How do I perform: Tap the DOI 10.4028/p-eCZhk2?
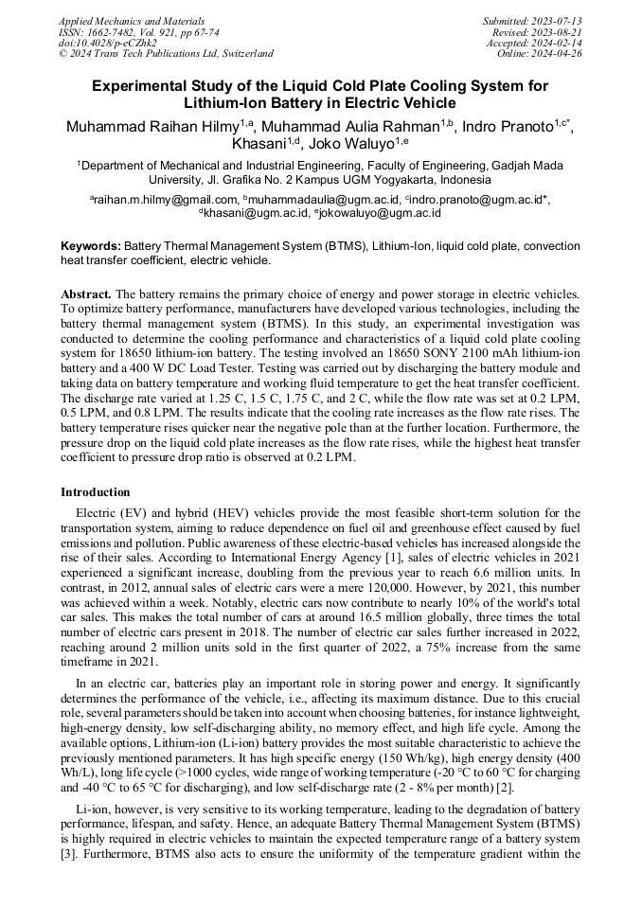[107, 43]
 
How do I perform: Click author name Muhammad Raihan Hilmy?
[152, 127]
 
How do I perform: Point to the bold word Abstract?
[87, 294]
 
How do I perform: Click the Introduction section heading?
[96, 492]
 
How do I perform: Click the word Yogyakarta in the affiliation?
[374, 179]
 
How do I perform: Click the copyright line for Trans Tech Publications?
[166, 54]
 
